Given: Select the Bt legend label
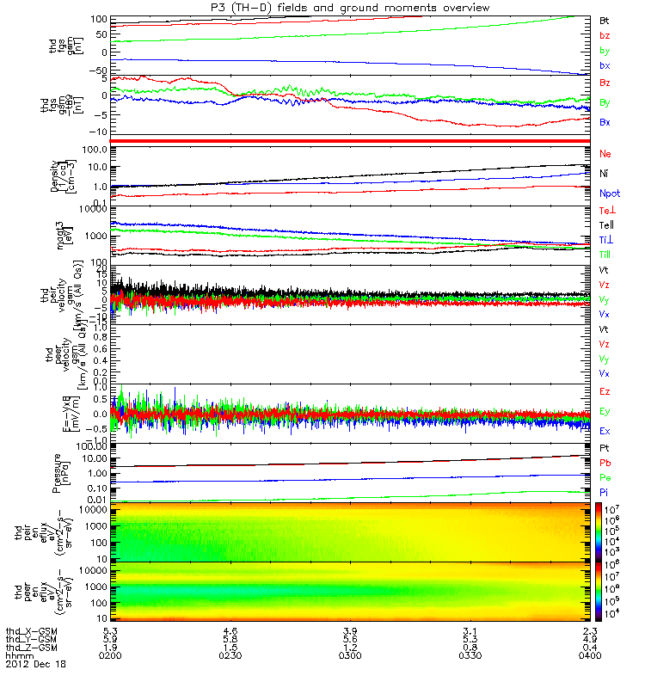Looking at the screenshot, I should click(x=605, y=19).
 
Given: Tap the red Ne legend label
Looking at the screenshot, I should click(x=605, y=153).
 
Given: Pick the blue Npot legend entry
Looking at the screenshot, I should click(x=609, y=194).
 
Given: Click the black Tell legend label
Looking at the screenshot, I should click(x=606, y=224).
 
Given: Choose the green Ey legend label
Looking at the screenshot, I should click(x=605, y=411).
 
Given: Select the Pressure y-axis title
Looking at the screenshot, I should click(x=58, y=470).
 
